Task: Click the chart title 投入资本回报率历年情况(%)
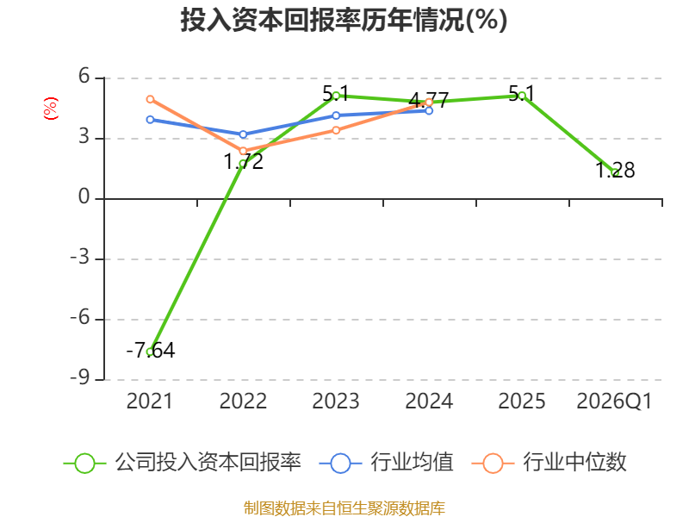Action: pos(344,20)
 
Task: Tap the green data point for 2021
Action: pos(150,352)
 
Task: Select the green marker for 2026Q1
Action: pos(615,173)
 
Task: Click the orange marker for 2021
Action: pos(150,99)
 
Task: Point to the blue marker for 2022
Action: pos(243,134)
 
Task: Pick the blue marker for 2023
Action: pos(336,115)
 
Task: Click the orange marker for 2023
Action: pos(336,130)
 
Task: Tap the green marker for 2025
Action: pos(522,96)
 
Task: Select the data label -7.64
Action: pos(151,351)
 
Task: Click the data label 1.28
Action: pos(615,170)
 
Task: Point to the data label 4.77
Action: pos(429,100)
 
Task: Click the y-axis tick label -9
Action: pos(80,377)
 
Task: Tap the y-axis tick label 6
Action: pos(84,76)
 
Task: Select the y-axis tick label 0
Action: pos(84,196)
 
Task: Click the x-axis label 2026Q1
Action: pos(614,401)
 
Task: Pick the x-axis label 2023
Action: pos(336,401)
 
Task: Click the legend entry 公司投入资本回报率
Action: pos(183,463)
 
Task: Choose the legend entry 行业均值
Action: pos(387,463)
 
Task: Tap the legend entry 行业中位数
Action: pos(549,463)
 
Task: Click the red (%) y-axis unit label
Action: pos(51,109)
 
